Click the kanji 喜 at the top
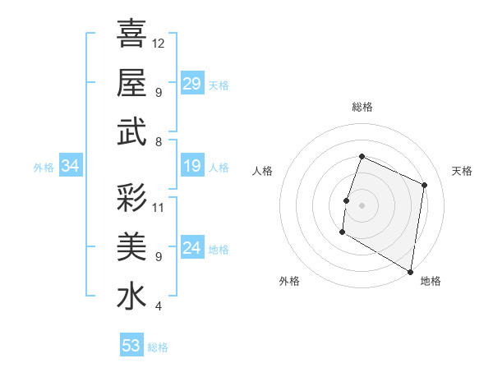131,34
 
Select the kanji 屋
131,83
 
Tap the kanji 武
131,132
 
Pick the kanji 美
131,246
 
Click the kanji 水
131,296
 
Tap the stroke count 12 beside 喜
159,43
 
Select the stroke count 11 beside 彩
159,207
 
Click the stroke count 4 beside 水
158,306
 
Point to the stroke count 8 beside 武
158,142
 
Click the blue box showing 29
192,84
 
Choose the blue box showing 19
192,167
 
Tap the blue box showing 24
192,249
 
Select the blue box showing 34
71,167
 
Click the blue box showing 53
131,346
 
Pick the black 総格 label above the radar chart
362,107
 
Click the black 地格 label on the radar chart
431,281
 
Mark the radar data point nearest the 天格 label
425,185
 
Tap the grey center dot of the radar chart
362,204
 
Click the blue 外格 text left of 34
44,168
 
